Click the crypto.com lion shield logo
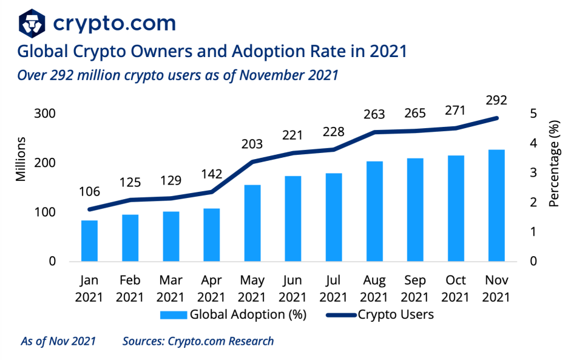click(x=32, y=23)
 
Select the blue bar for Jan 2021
click(x=89, y=241)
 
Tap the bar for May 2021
click(x=252, y=223)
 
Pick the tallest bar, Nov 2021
click(x=496, y=206)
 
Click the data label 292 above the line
click(x=496, y=100)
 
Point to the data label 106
click(x=89, y=192)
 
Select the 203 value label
click(x=252, y=144)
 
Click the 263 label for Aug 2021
click(x=374, y=114)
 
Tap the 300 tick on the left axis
click(x=45, y=114)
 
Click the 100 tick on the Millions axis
click(x=45, y=212)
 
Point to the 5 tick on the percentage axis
click(x=533, y=114)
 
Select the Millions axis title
click(x=21, y=159)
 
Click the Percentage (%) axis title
click(x=554, y=163)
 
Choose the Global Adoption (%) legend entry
click(x=233, y=314)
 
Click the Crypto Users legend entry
click(x=379, y=314)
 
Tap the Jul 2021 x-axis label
click(x=333, y=289)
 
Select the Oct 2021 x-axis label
click(x=455, y=289)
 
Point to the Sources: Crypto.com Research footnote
click(x=198, y=341)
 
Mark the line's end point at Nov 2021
click(x=496, y=118)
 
